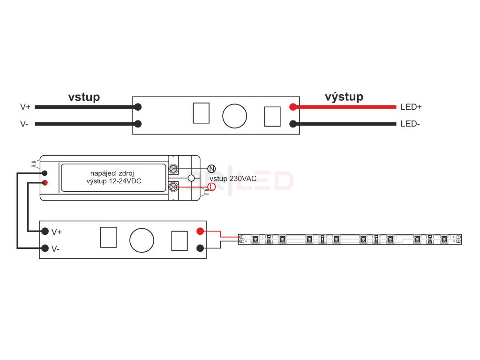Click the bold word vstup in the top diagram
click(x=84, y=97)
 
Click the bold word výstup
click(x=344, y=97)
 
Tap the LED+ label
click(x=411, y=107)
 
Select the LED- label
click(x=410, y=124)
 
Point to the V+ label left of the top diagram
click(x=25, y=107)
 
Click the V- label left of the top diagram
click(x=24, y=124)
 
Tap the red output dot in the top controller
click(x=293, y=107)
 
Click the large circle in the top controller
click(x=234, y=116)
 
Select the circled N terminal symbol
click(x=211, y=169)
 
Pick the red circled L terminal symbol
click(x=211, y=187)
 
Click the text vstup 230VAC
click(x=233, y=179)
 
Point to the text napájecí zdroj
click(x=114, y=173)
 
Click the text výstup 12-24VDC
click(x=114, y=181)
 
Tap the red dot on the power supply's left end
click(x=45, y=183)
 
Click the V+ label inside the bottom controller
click(x=57, y=232)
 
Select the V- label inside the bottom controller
click(x=56, y=249)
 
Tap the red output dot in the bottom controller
click(x=200, y=231)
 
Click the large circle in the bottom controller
click(x=142, y=240)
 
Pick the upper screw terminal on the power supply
click(x=173, y=169)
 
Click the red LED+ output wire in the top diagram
click(x=347, y=107)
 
